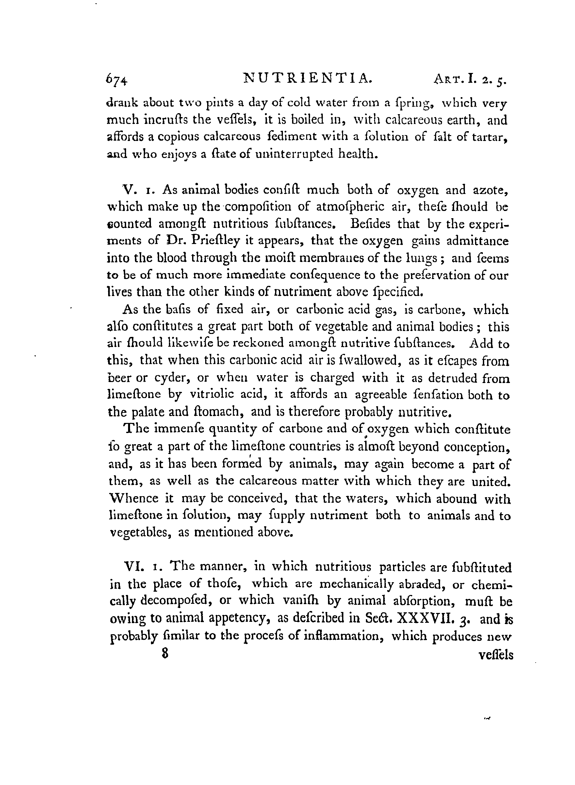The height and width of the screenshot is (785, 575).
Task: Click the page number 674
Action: [117, 81]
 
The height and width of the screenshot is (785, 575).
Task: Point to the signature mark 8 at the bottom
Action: [165, 653]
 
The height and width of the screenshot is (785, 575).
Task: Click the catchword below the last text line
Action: [496, 655]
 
